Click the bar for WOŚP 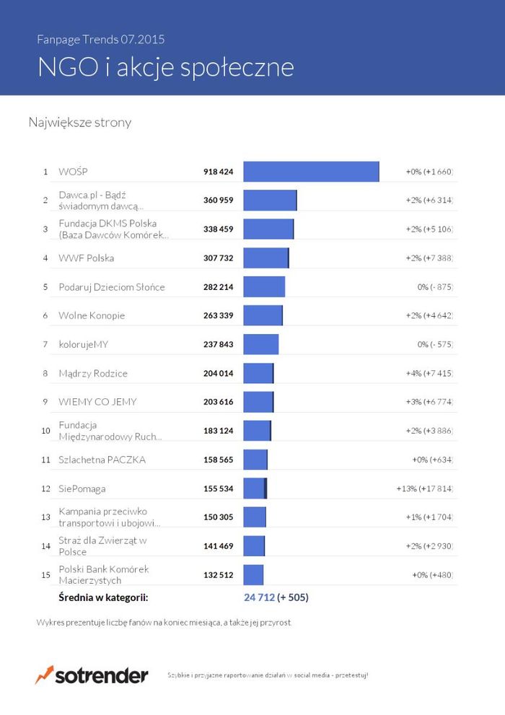(311, 172)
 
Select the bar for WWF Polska (266, 258)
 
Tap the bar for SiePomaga (255, 488)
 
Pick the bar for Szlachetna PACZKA (255, 460)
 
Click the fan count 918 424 (219, 172)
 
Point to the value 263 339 (219, 316)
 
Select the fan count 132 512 (219, 575)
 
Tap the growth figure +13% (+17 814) (425, 488)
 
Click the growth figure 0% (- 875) (435, 287)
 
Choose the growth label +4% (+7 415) (429, 374)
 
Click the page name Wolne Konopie (92, 316)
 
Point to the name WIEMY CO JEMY (97, 402)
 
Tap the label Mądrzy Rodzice (93, 374)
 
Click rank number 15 (45, 575)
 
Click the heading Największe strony (80, 123)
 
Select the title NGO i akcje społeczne (166, 67)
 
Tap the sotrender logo (92, 675)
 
